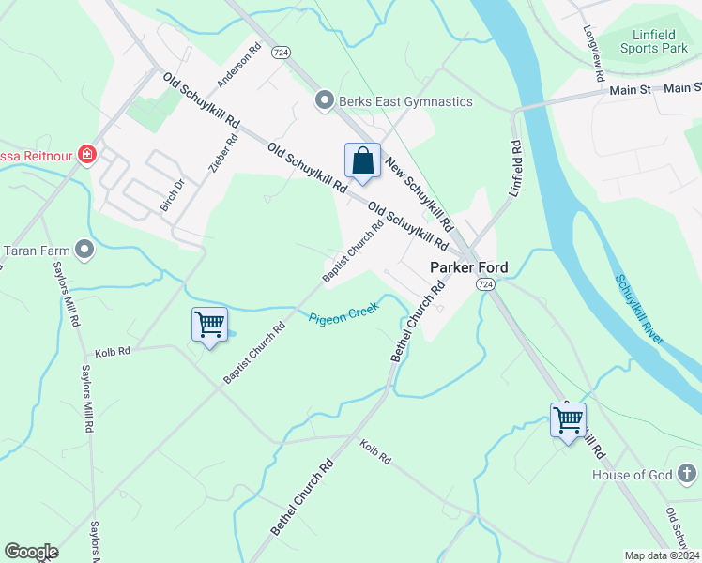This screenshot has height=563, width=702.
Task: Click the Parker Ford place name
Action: (x=468, y=267)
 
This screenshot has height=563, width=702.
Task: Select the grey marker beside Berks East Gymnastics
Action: (x=325, y=99)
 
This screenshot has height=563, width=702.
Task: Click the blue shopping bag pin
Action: (x=362, y=162)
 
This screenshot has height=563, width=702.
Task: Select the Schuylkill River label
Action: (x=639, y=309)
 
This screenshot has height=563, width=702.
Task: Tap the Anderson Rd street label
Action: (x=237, y=66)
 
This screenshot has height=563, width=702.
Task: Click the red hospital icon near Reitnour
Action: (x=87, y=153)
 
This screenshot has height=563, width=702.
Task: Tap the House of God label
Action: (x=633, y=475)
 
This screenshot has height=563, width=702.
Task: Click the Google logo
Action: (x=32, y=552)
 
